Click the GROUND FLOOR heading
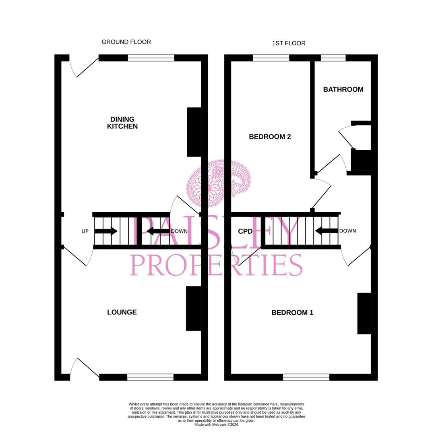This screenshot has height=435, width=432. (126, 42)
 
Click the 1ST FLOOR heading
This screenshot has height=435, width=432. (289, 43)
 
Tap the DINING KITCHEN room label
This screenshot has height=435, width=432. (122, 122)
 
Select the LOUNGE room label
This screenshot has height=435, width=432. (122, 312)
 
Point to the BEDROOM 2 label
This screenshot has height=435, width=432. (270, 137)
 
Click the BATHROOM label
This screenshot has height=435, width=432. (343, 89)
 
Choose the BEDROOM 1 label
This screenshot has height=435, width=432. (292, 313)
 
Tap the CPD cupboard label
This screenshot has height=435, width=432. (246, 231)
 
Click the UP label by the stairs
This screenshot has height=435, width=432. (85, 231)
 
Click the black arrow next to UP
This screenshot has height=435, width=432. (106, 231)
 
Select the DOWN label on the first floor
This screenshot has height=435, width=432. (348, 231)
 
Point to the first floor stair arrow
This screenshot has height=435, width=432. (327, 231)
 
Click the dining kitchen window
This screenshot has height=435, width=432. (151, 58)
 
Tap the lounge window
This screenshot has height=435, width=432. (150, 377)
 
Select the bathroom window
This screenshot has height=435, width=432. (333, 58)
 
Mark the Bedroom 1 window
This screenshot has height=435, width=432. (306, 377)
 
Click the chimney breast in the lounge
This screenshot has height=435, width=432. (194, 309)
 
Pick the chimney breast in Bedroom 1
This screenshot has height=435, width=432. (364, 313)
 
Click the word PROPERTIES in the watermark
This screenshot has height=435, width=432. (216, 265)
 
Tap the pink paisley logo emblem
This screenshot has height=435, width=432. (219, 183)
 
